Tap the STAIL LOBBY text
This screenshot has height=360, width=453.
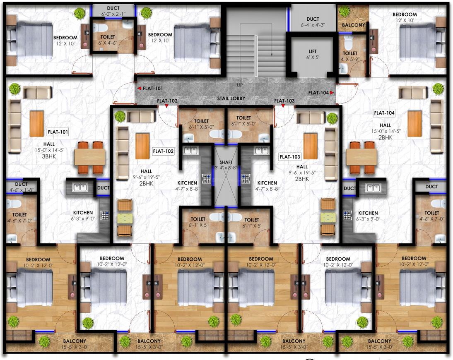pos(231,98)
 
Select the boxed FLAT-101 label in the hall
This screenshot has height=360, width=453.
pos(58,132)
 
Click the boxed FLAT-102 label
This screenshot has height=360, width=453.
pos(163,151)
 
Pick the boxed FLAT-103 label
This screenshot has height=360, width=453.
pos(290,157)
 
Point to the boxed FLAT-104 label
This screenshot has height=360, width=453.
pos(384,113)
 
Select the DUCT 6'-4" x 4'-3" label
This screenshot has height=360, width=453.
pos(313,22)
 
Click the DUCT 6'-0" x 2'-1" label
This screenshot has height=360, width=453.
pos(113,11)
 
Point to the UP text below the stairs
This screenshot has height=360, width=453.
pos(240,85)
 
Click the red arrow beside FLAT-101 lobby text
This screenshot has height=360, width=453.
pos(140,88)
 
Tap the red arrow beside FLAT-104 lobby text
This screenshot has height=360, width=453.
pos(332,93)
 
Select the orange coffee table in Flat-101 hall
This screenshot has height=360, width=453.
pos(37,124)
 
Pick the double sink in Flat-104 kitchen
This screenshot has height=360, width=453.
pos(373,188)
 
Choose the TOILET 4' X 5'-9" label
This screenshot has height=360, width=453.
pos(350,56)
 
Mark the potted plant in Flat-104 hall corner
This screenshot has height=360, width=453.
pos(438,89)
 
